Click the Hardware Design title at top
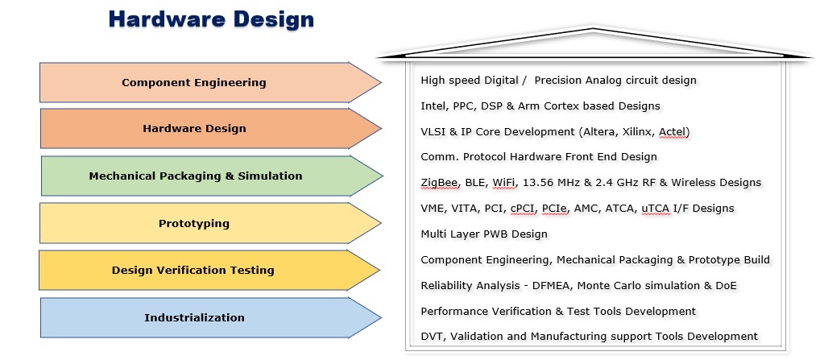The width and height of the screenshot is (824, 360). tap(211, 19)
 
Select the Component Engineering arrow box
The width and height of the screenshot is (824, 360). tap(210, 82)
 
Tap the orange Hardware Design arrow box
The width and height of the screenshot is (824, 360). tap(211, 129)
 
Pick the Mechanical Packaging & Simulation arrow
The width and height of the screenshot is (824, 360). tap(212, 176)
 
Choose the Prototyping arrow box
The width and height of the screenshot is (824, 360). tap(210, 223)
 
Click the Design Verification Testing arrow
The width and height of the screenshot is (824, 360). tap(209, 270)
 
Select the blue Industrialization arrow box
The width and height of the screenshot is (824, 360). tap(211, 317)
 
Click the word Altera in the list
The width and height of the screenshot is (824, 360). tap(598, 131)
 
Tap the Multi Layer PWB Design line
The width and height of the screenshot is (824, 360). tap(484, 234)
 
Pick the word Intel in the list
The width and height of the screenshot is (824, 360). tap(434, 106)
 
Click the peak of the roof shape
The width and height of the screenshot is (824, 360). tap(594, 28)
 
